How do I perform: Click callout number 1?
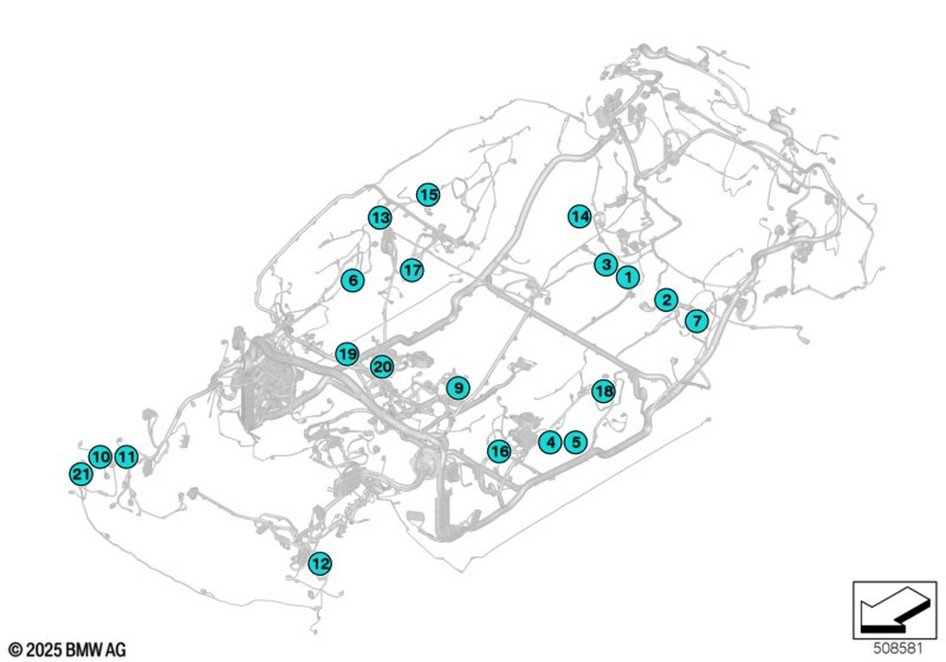pos(626,277)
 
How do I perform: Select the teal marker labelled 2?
pos(666,300)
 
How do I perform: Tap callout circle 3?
pos(605,264)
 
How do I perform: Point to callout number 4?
pos(550,441)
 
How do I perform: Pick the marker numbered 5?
pos(574,441)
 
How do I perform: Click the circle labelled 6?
pos(352,280)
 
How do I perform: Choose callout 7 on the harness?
pos(696,321)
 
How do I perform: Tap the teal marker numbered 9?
pos(457,387)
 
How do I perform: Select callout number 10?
pos(100,456)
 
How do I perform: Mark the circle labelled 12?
pos(321,564)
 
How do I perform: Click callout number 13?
pos(379,218)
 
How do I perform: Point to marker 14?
pos(580,217)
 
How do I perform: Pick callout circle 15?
pos(429,195)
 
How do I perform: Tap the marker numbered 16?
pos(499,451)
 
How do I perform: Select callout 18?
pos(604,391)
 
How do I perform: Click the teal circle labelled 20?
pos(382,366)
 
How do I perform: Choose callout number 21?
pos(80,473)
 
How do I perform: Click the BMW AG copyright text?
pos(67,650)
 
